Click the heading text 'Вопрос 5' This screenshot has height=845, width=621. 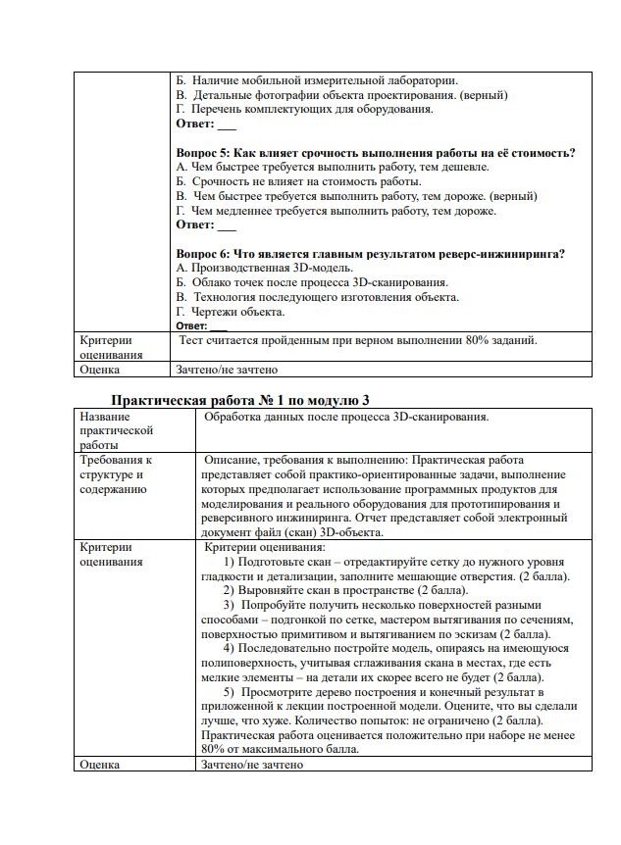pyautogui.click(x=203, y=153)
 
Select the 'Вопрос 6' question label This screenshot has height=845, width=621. pyautogui.click(x=203, y=254)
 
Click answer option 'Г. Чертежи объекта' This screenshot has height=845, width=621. pyautogui.click(x=231, y=312)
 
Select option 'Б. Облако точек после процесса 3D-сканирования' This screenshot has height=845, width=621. pyautogui.click(x=311, y=282)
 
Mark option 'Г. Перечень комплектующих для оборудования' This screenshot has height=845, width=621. pyautogui.click(x=304, y=110)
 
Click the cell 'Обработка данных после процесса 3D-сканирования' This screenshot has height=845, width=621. pyautogui.click(x=346, y=417)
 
